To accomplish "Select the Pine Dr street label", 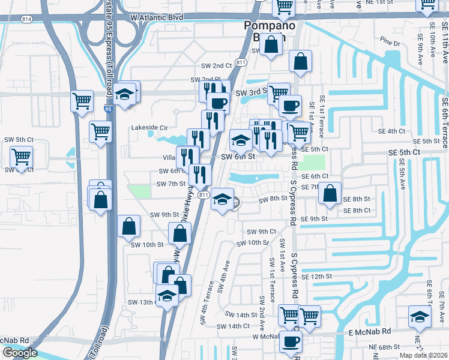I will click(390, 43).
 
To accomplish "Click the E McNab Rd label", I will click(366, 331).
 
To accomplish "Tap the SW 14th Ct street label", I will click(232, 326).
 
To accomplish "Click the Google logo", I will click(20, 353).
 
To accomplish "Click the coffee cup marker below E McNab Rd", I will click(292, 341).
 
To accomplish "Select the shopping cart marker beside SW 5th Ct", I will click(22, 157).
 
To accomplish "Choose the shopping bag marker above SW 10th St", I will click(129, 226).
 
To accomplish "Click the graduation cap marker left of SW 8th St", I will click(222, 199).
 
